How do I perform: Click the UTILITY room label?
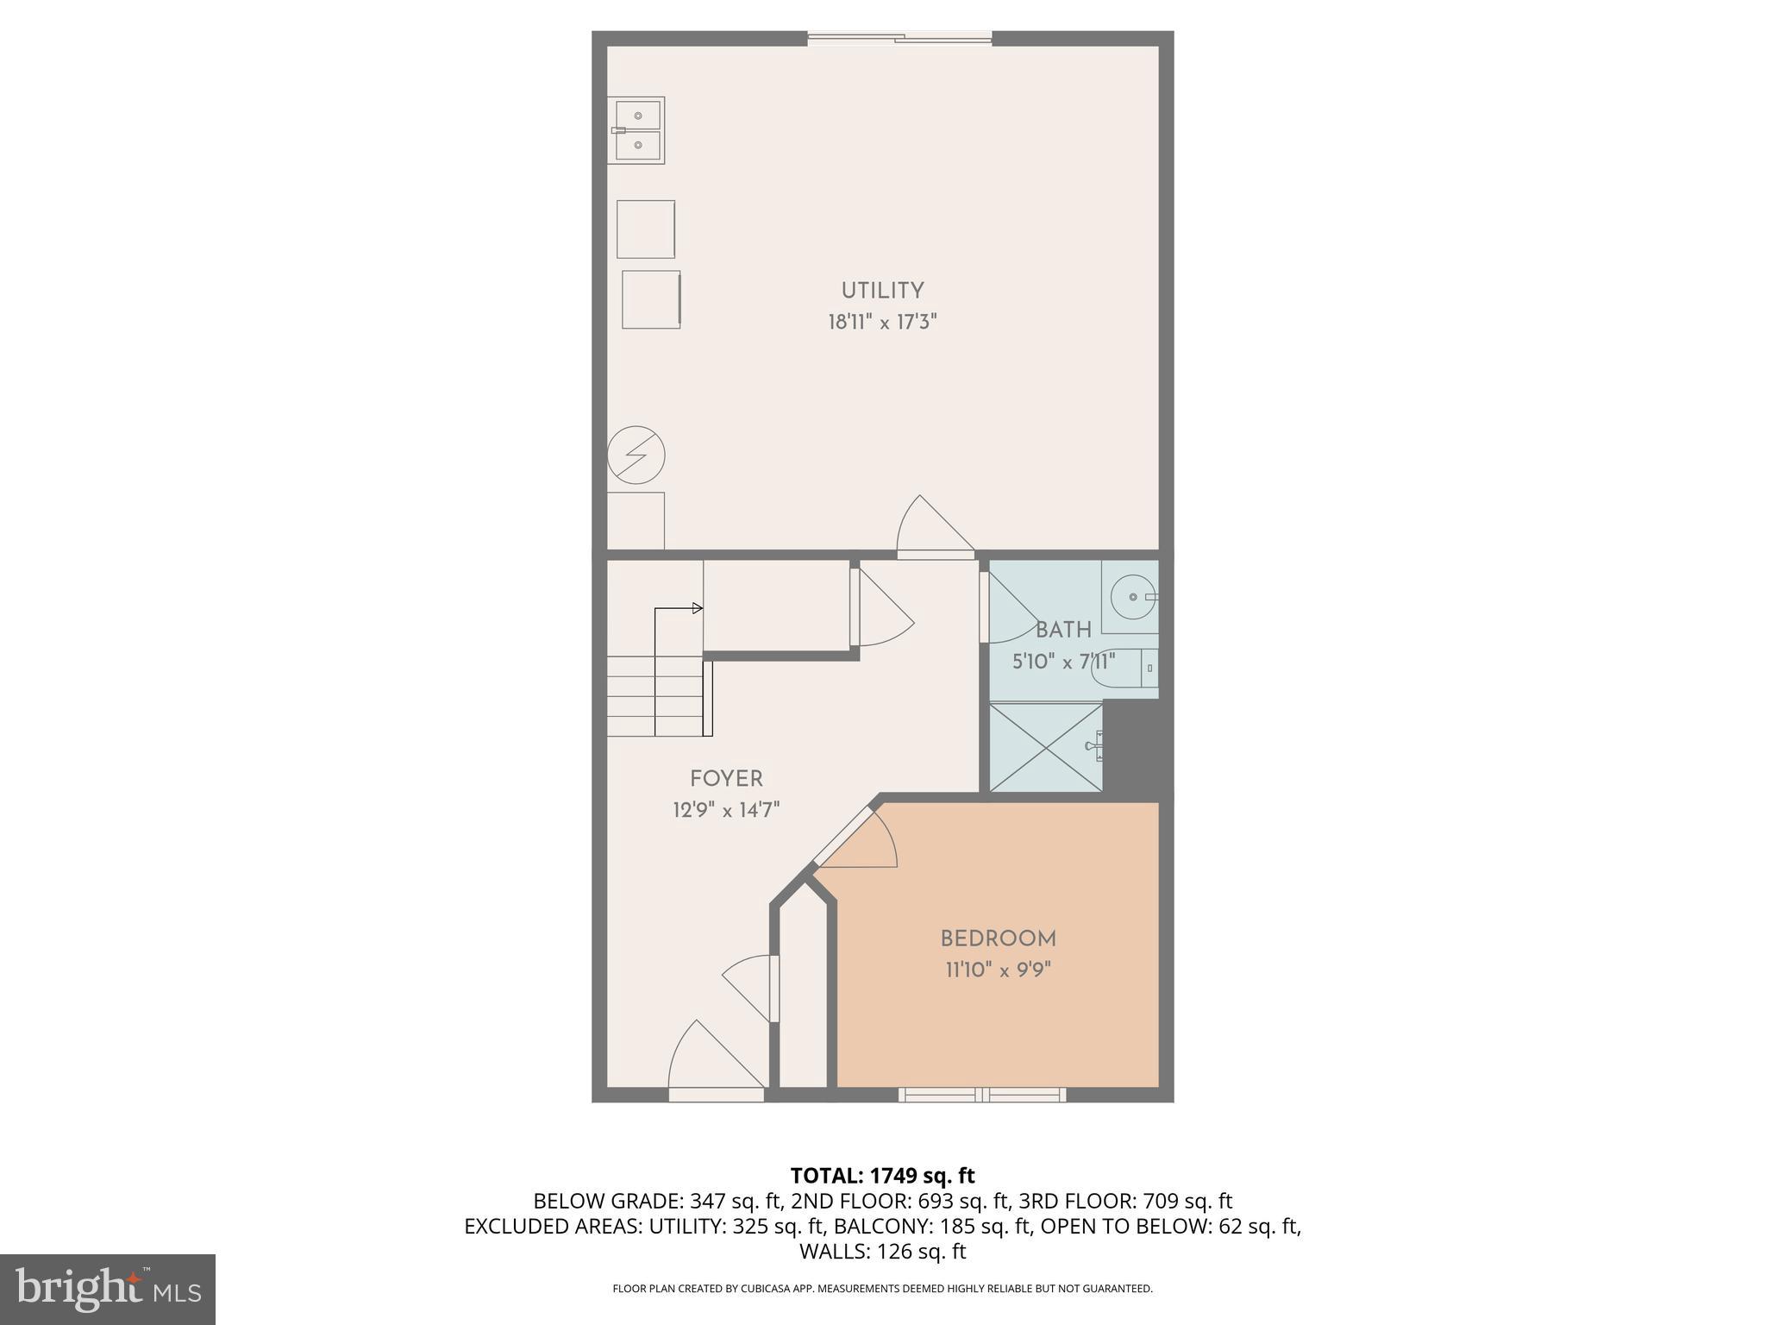pos(882,291)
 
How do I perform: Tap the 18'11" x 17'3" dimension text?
pos(882,323)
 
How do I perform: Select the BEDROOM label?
pos(998,939)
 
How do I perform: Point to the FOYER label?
pos(726,779)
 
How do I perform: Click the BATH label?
pos(1063,630)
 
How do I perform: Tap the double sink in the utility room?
pos(638,130)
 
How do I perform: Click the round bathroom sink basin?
pos(1132,596)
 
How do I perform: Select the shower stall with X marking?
pos(1046,747)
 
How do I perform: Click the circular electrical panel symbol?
pos(636,455)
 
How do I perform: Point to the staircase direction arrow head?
pos(698,609)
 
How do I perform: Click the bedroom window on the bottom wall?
pos(982,1095)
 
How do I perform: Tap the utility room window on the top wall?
pos(899,38)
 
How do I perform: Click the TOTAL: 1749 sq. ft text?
pos(882,1176)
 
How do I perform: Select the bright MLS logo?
pos(107,1289)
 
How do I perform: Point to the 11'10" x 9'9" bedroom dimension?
pos(998,970)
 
